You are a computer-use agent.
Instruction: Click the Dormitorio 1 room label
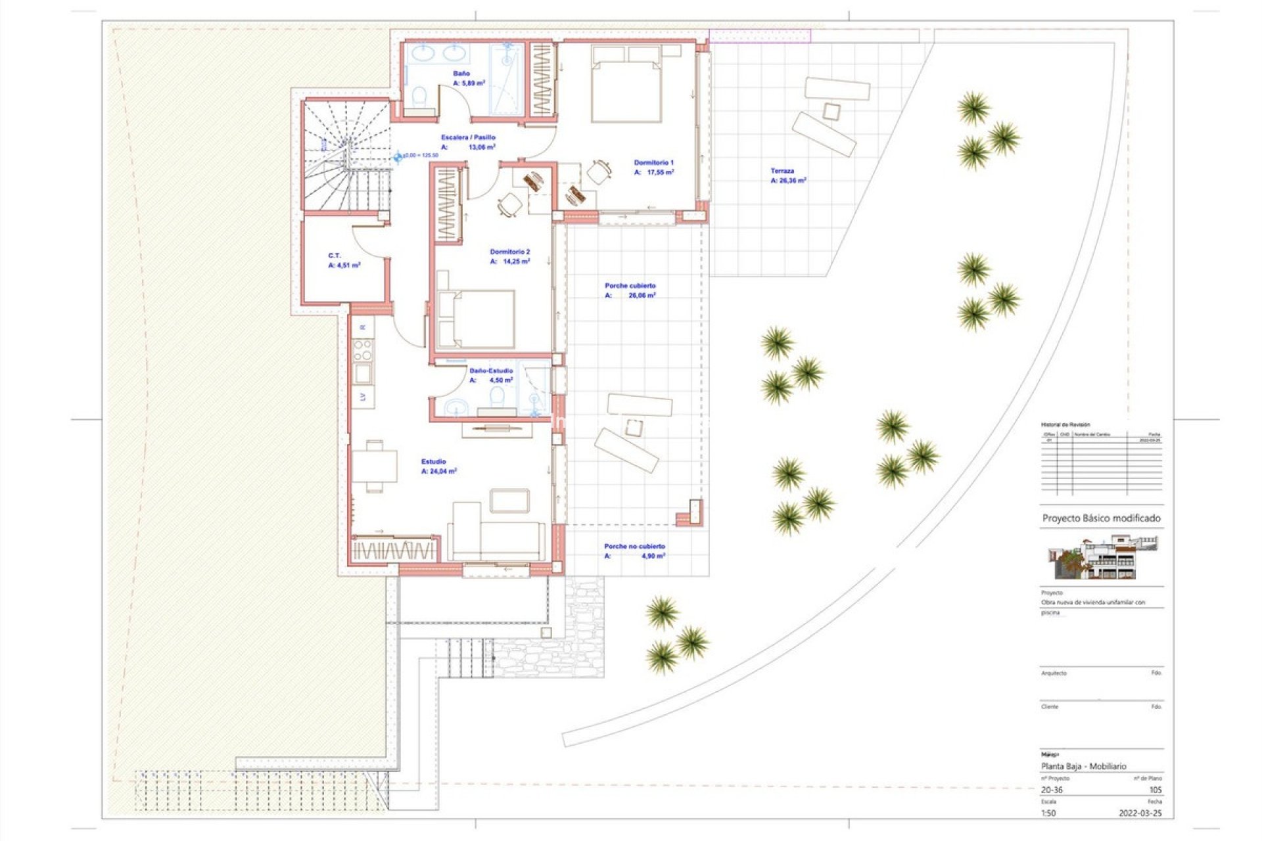coord(653,162)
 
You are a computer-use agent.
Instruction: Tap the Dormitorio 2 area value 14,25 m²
coord(515,261)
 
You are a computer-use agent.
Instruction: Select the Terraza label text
coord(782,171)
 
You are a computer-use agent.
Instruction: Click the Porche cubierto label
coord(630,286)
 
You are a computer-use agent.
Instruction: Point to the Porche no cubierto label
coord(634,546)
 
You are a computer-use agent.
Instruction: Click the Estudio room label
coord(433,462)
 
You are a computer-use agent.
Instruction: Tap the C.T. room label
coord(335,256)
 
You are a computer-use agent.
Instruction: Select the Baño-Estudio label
coord(491,371)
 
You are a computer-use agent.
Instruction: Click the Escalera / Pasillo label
coord(468,137)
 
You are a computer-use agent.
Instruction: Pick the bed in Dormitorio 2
coord(477,319)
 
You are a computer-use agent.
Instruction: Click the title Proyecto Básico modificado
coord(1101,518)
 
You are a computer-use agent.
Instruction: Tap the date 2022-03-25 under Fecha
coord(1140,813)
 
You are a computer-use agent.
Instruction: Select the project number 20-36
coord(1052,790)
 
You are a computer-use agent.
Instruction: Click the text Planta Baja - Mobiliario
coord(1083,766)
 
